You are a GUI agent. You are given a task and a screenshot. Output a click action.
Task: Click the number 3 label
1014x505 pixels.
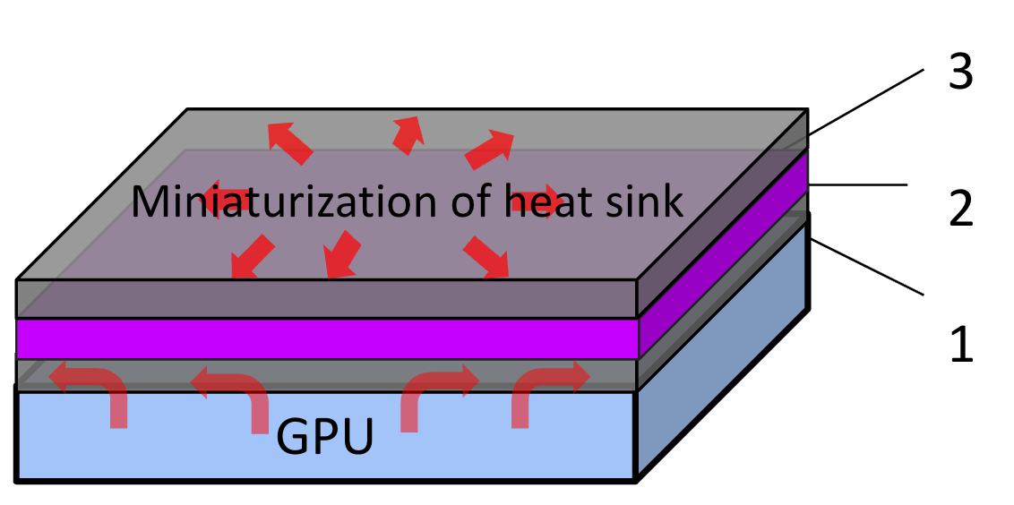point(960,72)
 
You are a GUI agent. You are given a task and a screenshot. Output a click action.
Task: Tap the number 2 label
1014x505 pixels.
point(961,208)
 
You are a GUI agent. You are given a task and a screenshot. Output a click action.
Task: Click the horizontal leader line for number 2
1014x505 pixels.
point(857,185)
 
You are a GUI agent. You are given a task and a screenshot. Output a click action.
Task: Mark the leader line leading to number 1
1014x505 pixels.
point(867,267)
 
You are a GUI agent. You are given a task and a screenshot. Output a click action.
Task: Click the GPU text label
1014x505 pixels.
point(324,437)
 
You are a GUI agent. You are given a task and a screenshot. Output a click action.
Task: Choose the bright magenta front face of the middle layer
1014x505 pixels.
point(327,338)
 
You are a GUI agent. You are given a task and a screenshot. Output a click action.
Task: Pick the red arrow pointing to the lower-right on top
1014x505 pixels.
point(486,257)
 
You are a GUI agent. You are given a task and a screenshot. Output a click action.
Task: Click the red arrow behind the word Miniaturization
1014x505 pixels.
point(223,200)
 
